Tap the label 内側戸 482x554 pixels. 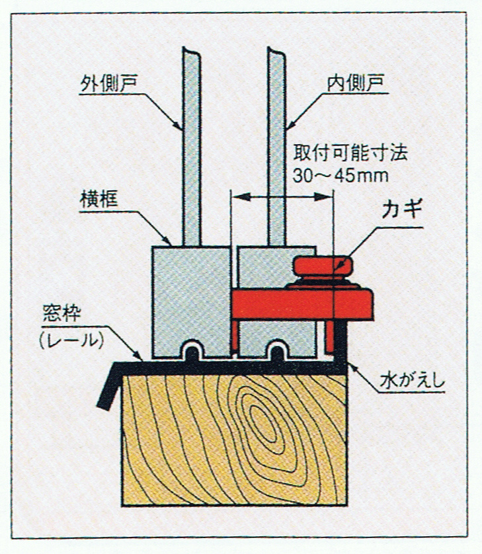(x=356, y=84)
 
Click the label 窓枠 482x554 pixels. (x=62, y=313)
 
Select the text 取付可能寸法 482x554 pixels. (x=351, y=154)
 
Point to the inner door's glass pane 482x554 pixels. (x=276, y=145)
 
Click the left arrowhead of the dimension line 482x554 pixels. (x=235, y=196)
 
